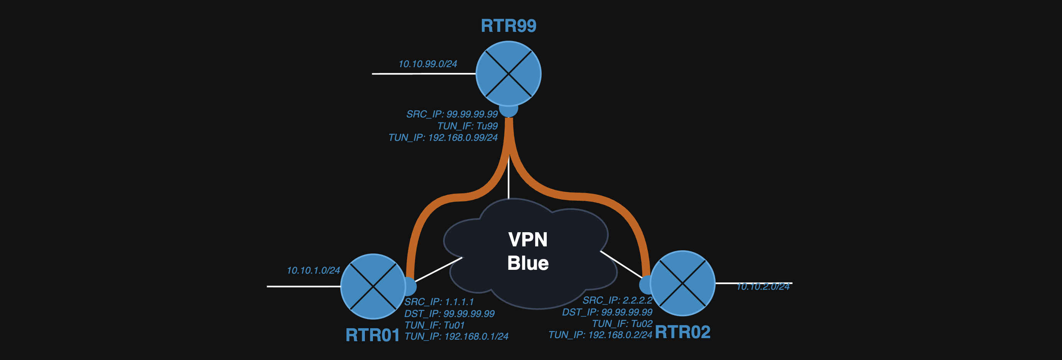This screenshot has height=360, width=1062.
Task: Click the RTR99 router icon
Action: coord(508,74)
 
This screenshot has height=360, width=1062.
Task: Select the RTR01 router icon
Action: coord(373,286)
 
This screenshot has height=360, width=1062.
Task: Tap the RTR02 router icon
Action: coord(682,283)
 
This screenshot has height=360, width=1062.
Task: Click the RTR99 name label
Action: coord(508,26)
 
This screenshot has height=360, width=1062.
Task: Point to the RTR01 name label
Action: coord(372,335)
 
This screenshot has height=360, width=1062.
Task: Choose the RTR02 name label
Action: coord(682,332)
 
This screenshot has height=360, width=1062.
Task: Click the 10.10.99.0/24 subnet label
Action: coord(427,64)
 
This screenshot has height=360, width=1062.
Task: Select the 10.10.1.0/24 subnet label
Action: coord(313,271)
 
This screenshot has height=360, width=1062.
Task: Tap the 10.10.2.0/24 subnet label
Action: coord(763,287)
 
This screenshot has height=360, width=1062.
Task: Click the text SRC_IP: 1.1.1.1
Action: coord(439,302)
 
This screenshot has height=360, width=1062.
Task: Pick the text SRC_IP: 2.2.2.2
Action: coord(617,300)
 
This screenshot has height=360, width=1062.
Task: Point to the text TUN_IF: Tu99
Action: coord(468,126)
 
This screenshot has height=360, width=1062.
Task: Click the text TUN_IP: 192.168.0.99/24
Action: coord(443,137)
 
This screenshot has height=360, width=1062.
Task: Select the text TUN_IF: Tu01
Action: coord(435,325)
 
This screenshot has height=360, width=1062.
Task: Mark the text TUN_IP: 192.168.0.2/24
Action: coord(600,335)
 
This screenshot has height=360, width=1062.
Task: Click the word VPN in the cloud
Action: coord(528,239)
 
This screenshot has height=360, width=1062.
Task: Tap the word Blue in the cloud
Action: coord(528,263)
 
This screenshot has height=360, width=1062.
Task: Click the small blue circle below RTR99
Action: coord(508,111)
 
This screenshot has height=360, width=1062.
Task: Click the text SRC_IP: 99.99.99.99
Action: coord(452,114)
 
